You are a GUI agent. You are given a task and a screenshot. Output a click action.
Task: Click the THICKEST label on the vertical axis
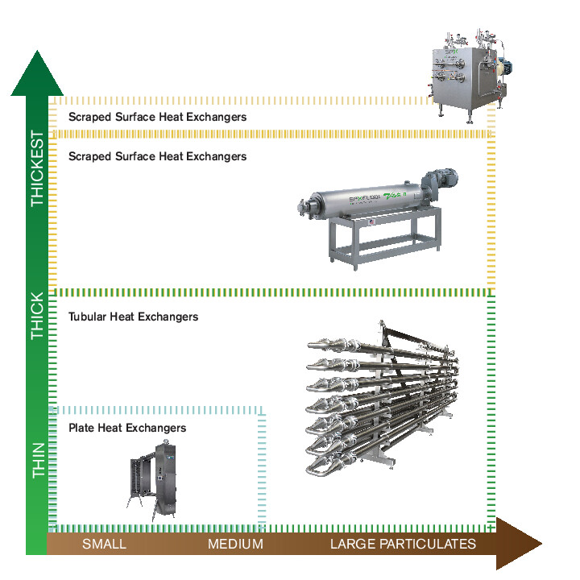tap(38, 168)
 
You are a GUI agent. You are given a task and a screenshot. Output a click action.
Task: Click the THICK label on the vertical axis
tap(38, 315)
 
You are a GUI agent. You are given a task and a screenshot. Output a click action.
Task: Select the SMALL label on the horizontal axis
tap(104, 544)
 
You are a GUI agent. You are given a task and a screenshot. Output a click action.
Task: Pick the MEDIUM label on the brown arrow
tap(235, 544)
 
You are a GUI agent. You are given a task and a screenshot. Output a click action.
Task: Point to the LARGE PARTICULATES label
tap(403, 544)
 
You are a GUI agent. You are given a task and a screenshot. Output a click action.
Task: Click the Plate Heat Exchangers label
tap(127, 428)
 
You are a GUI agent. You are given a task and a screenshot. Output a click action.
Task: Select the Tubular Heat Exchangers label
tap(133, 317)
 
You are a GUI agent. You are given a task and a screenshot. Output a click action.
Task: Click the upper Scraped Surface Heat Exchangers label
tap(157, 117)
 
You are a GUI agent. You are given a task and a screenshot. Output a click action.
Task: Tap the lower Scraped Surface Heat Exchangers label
tap(157, 156)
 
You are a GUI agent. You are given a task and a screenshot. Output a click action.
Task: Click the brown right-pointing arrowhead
tap(520, 544)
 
